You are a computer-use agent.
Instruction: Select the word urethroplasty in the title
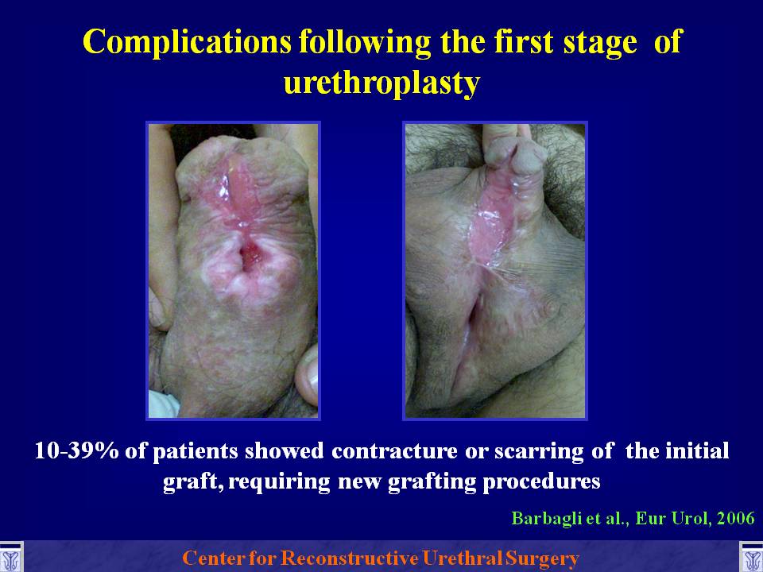(x=381, y=83)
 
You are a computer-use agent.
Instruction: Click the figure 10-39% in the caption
(x=76, y=450)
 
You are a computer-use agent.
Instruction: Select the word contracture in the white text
(x=394, y=451)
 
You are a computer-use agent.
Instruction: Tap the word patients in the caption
(x=195, y=452)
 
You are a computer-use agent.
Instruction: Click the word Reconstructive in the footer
(x=351, y=558)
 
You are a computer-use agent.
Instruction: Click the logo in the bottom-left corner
(x=10, y=558)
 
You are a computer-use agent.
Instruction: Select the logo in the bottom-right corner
(x=751, y=558)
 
